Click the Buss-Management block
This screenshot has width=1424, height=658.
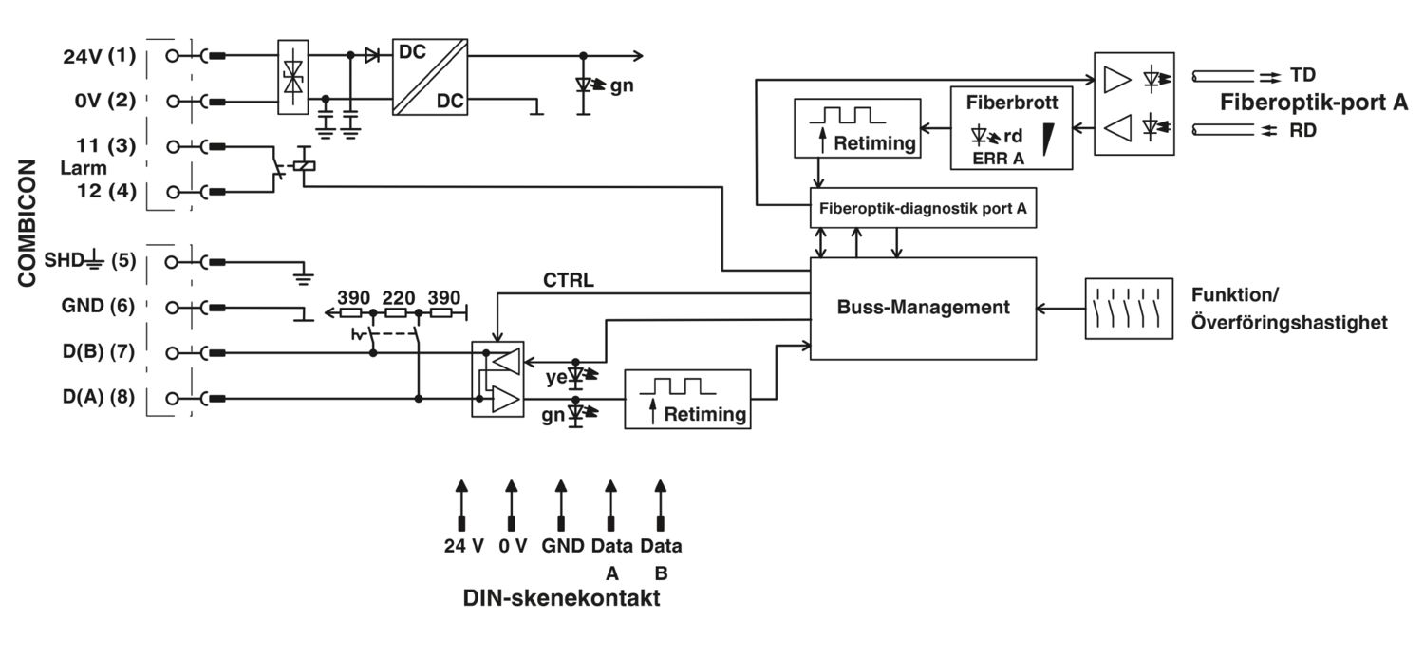[x=923, y=309]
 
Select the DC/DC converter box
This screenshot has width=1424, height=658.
[x=430, y=77]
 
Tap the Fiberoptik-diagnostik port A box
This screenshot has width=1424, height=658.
[x=923, y=208]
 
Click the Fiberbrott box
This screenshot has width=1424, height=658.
[x=1011, y=128]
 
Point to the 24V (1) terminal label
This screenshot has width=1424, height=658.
[x=99, y=56]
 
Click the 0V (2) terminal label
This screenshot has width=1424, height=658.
[x=104, y=101]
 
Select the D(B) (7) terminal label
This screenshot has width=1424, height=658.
[x=99, y=351]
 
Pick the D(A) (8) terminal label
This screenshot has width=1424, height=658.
[x=99, y=397]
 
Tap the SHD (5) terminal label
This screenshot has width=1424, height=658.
[x=90, y=260]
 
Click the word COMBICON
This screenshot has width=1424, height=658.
[x=27, y=223]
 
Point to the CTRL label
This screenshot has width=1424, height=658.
[x=569, y=280]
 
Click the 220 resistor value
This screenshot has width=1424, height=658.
[x=399, y=297]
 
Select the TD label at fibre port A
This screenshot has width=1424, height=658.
[x=1302, y=75]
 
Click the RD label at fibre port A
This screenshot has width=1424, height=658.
[x=1302, y=130]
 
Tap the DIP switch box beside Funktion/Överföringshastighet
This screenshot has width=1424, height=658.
[x=1129, y=309]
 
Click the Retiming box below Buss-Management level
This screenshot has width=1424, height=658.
[x=687, y=399]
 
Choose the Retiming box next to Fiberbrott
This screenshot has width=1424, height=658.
[x=857, y=128]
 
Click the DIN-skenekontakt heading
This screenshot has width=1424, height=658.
[x=561, y=598]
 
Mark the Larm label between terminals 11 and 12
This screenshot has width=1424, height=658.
[x=84, y=168]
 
